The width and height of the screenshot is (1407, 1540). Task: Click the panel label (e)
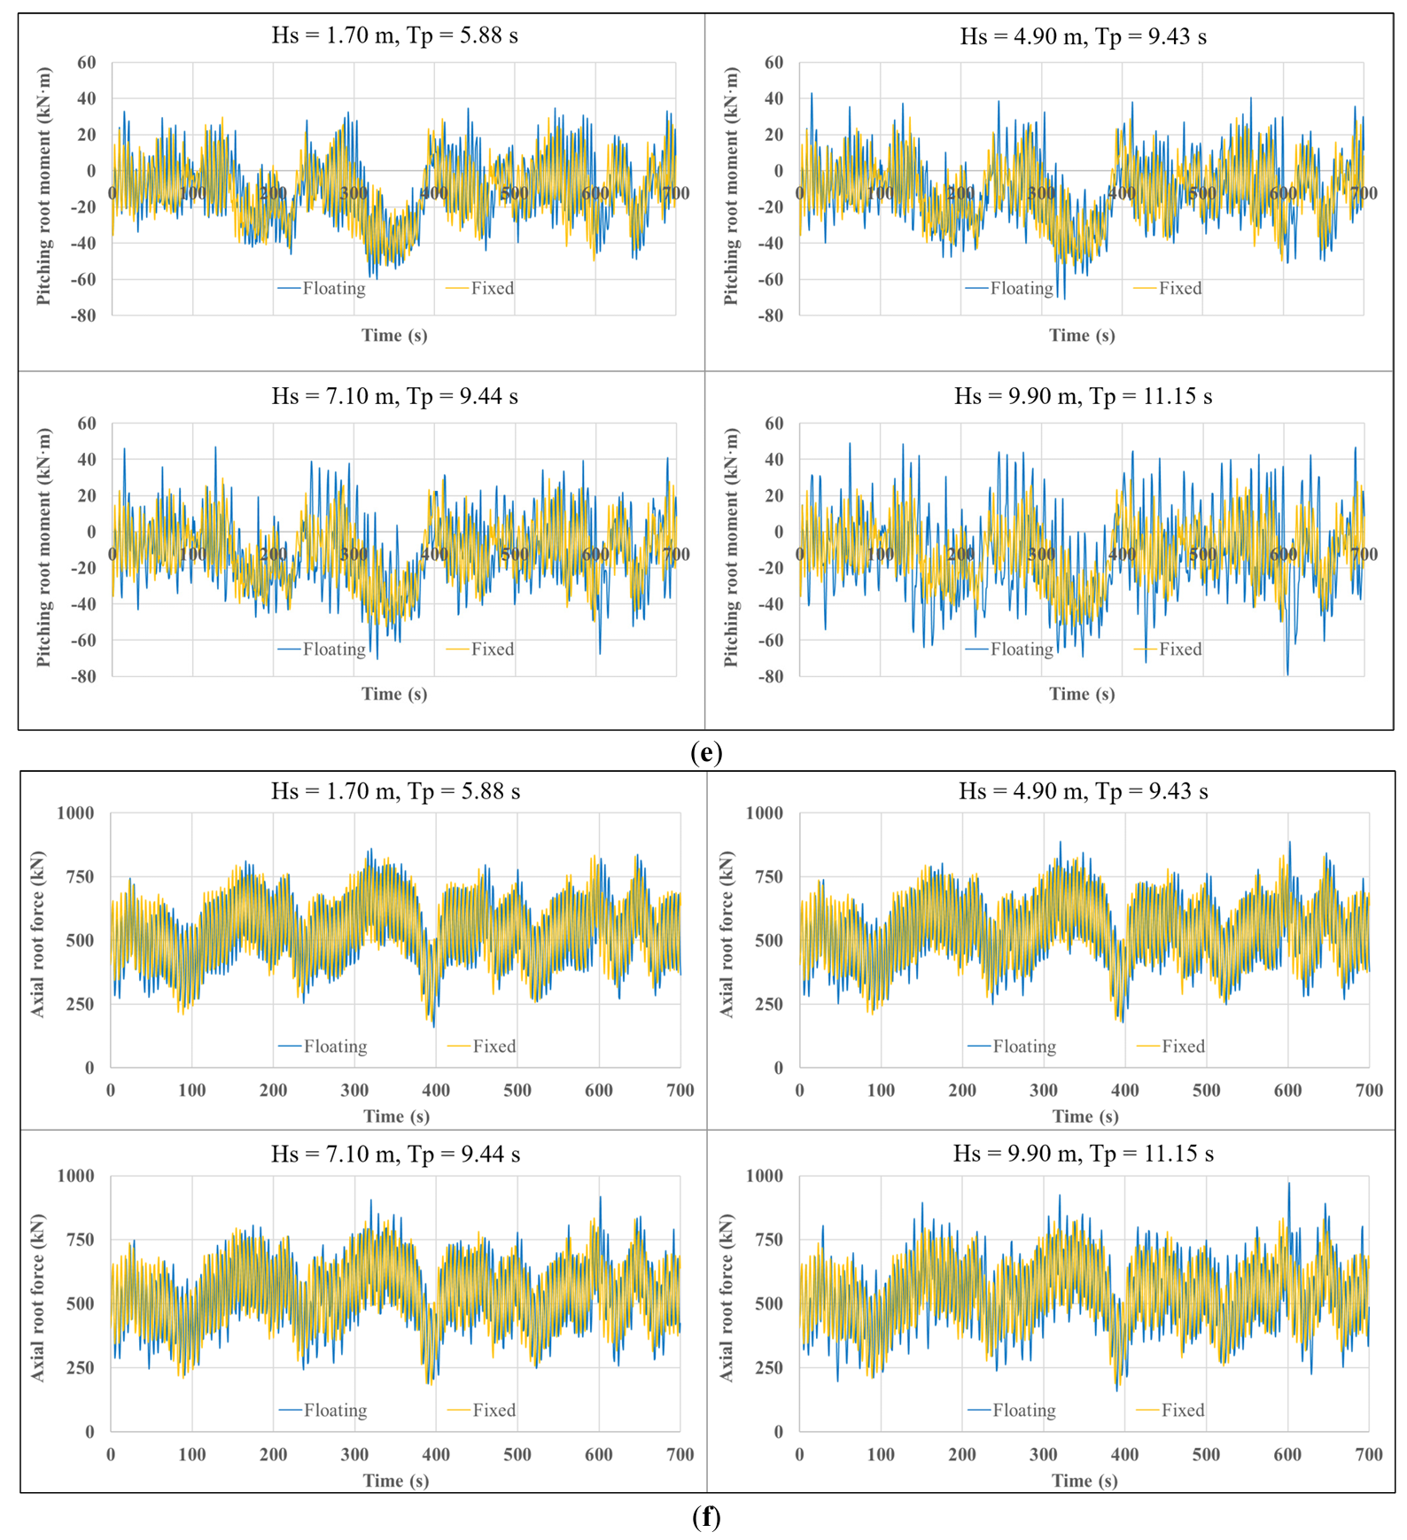(x=705, y=753)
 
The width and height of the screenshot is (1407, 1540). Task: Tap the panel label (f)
(x=705, y=1518)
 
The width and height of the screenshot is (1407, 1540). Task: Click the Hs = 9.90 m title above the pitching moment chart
(x=1083, y=396)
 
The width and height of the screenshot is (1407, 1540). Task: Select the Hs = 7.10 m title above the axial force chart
(x=395, y=1154)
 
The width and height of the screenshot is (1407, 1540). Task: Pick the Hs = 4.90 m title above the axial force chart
(x=1083, y=791)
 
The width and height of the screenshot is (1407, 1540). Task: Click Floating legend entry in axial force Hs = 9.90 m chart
(x=1012, y=1410)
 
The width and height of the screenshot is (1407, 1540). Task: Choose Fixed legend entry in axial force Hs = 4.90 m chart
(x=1171, y=1046)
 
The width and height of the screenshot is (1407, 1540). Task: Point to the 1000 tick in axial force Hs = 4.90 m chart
(x=765, y=813)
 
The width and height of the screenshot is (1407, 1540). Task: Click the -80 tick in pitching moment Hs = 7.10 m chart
(x=83, y=676)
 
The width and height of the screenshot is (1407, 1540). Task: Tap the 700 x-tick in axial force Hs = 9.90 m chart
(x=1369, y=1454)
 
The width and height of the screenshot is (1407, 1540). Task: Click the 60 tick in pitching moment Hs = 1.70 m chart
(x=87, y=63)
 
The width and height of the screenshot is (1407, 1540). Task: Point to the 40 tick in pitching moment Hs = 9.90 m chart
(x=773, y=460)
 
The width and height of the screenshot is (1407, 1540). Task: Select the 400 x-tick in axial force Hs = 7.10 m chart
(x=436, y=1454)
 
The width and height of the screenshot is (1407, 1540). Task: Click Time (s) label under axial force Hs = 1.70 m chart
(x=396, y=1116)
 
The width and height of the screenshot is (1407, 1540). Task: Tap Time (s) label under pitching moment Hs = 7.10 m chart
(x=394, y=694)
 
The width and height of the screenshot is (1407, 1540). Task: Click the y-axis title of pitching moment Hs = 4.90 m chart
(x=731, y=187)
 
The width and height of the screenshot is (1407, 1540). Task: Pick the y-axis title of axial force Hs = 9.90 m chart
(x=727, y=1297)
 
